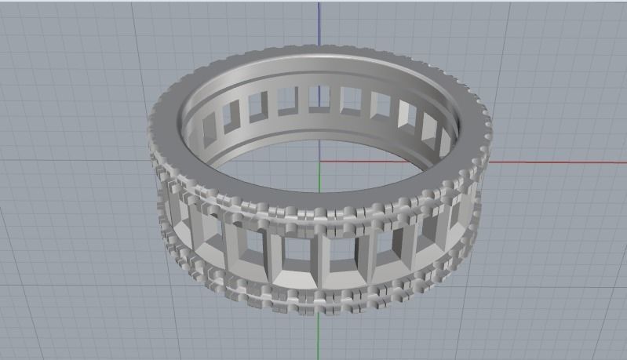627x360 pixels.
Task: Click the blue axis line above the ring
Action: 319,24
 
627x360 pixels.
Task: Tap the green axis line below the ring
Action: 319,337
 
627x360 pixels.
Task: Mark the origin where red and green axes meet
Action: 319,162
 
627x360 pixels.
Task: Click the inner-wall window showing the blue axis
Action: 319,98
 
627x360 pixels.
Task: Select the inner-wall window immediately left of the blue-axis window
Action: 288,100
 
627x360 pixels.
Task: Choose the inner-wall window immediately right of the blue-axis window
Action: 350,100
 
